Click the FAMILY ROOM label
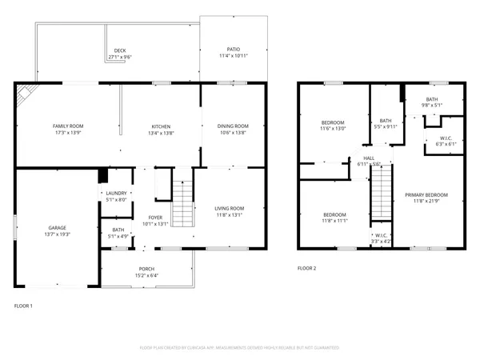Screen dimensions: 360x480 (x=68, y=126)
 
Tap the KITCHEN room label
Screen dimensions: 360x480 (x=162, y=126)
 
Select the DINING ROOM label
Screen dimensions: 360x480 (x=233, y=126)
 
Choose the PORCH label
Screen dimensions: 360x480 (x=146, y=269)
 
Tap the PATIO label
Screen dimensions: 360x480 (x=234, y=50)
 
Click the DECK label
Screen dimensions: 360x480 (x=120, y=50)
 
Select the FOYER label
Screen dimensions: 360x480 (x=156, y=218)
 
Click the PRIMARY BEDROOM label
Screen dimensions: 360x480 (x=426, y=195)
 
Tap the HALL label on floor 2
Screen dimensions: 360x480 (x=369, y=158)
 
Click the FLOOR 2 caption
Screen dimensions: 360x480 (x=307, y=268)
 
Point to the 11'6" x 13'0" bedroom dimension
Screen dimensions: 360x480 (x=332, y=129)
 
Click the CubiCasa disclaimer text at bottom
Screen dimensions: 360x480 (x=240, y=348)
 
